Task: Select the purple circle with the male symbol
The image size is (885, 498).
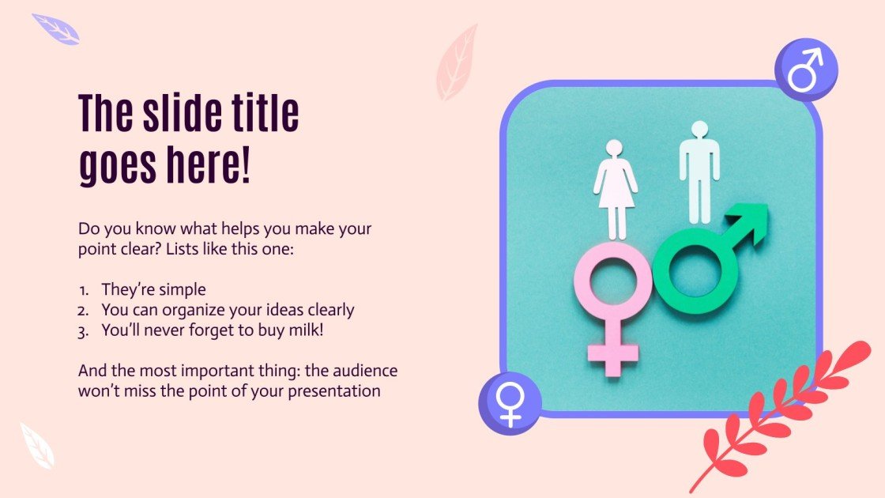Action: tap(805, 70)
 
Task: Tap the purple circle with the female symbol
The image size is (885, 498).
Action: tap(510, 403)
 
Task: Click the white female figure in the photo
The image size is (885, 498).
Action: tap(615, 186)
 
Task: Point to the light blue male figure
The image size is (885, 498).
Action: tap(699, 170)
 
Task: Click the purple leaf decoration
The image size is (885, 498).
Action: tap(56, 29)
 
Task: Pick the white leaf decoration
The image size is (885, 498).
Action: tap(36, 445)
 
